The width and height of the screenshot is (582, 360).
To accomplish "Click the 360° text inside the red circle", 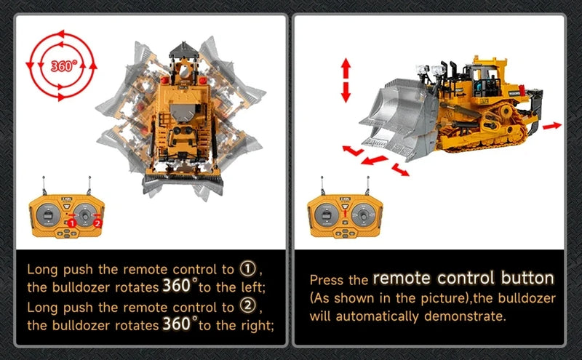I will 63,66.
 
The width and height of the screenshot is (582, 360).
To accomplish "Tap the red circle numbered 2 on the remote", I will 97,223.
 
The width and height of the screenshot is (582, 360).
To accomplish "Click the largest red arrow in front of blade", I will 373,159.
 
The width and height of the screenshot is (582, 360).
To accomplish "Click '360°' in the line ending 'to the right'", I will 180,324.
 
